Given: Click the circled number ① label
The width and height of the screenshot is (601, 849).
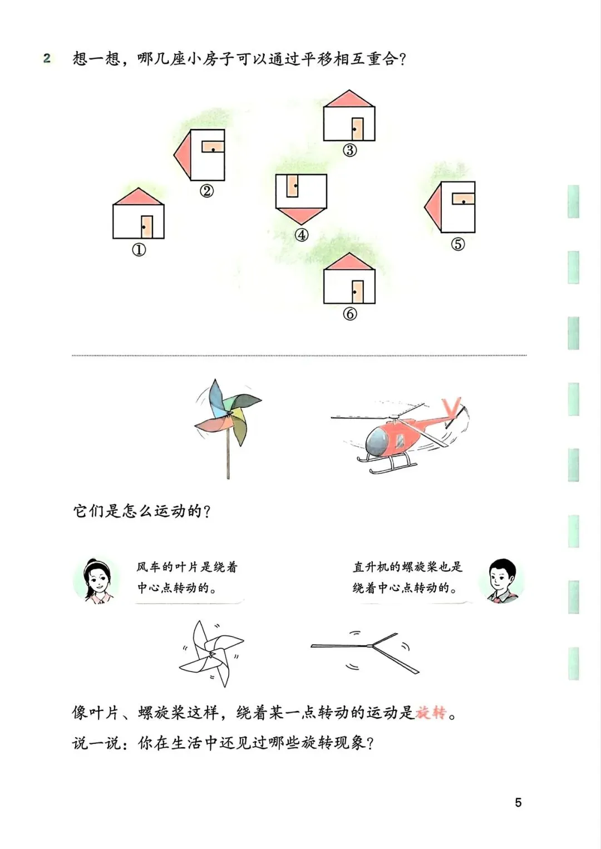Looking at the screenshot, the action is (x=139, y=250).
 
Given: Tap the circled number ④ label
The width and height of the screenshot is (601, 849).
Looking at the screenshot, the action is (x=301, y=235).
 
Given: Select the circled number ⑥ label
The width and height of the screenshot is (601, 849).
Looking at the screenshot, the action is (x=349, y=314).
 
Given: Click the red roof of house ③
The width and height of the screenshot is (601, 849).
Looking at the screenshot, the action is (x=349, y=100).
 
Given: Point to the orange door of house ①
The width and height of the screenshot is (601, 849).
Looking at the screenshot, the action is (x=147, y=226).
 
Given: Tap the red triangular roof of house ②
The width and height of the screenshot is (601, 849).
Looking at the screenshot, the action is (x=183, y=155).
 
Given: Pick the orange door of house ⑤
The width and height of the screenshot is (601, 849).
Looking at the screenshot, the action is (x=464, y=199).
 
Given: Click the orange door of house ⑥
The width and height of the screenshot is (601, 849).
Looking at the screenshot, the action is (x=357, y=292).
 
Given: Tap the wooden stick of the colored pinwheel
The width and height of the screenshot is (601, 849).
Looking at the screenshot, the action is (x=228, y=456).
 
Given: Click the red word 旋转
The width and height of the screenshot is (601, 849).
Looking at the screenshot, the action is (x=431, y=712).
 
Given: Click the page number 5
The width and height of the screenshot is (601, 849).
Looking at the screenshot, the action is (x=518, y=802).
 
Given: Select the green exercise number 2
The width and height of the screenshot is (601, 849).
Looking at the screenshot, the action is (x=47, y=58).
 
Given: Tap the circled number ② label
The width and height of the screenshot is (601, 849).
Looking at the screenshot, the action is (x=206, y=191).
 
